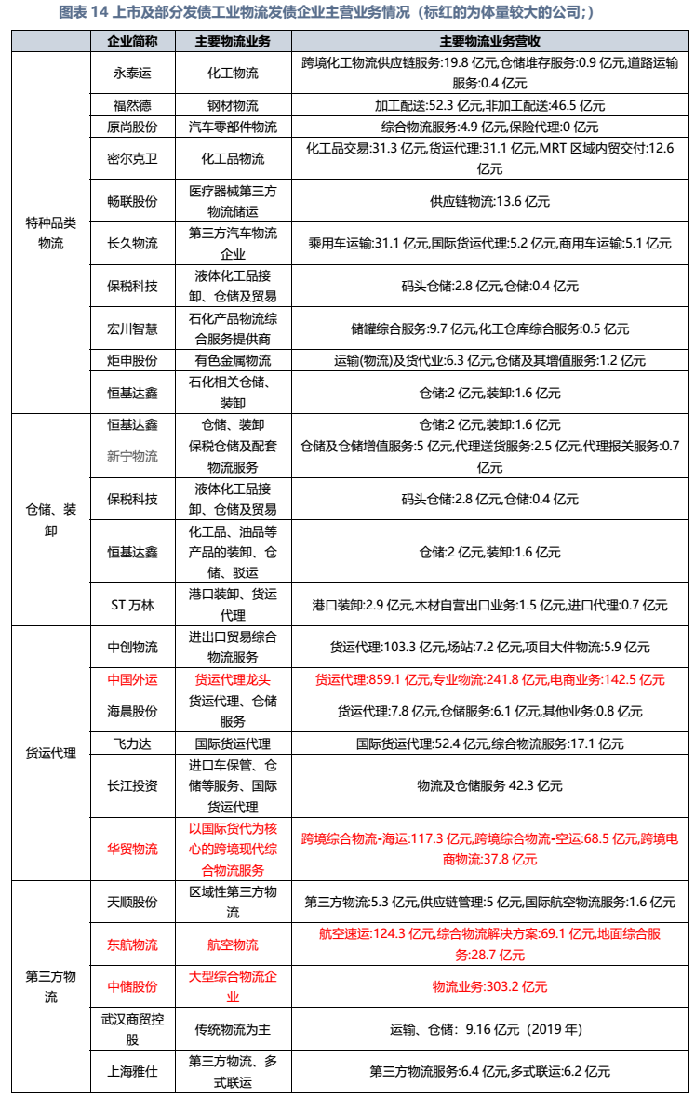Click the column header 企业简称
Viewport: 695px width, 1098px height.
point(132,42)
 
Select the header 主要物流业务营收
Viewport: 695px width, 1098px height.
point(489,42)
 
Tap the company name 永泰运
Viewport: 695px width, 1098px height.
point(132,73)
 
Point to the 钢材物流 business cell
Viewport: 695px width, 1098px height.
point(233,106)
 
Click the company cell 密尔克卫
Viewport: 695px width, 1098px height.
point(132,158)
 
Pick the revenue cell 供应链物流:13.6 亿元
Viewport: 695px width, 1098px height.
point(489,200)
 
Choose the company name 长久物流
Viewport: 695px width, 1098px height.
point(132,243)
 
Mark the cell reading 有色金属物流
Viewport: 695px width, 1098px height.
point(233,360)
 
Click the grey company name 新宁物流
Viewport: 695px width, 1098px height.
point(132,456)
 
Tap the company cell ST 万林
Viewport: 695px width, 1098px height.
point(132,605)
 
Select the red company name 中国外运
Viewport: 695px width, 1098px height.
point(132,679)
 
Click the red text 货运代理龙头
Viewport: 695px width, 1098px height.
point(233,679)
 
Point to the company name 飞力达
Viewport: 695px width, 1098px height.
point(132,743)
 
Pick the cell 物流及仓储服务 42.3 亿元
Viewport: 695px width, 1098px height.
point(489,785)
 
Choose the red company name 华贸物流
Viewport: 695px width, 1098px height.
point(132,849)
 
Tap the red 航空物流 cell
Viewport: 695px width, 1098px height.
point(233,944)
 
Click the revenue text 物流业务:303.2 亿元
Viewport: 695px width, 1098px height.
point(489,986)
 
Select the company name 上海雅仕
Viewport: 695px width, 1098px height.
point(132,1071)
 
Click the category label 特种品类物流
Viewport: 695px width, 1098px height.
point(51,233)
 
